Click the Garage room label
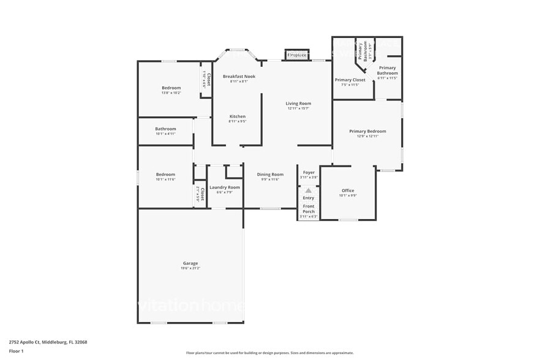coord(190,263)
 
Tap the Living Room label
coord(298,103)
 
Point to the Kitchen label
coord(238,116)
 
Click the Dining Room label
coord(270,174)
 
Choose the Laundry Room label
coord(225,187)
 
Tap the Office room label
coord(348,190)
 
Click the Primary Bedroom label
coord(367,131)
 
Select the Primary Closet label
coord(350,80)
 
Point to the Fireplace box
coord(297,55)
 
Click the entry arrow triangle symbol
coord(309,191)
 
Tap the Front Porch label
coord(309,209)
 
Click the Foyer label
coord(309,173)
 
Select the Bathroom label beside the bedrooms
coord(165,129)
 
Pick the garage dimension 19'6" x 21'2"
coord(190,268)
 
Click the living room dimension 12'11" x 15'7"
coord(298,108)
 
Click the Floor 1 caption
coord(16,352)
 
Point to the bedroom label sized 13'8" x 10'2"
coord(171,88)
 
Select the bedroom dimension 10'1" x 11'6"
coord(165,179)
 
